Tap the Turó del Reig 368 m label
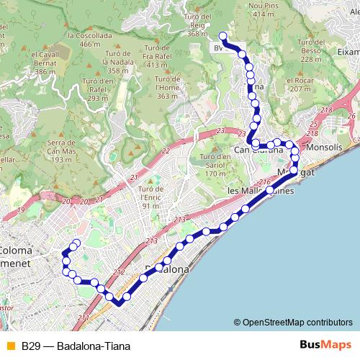coord(198,25)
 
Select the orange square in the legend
coord(10,346)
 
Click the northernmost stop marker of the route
coord(222,36)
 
